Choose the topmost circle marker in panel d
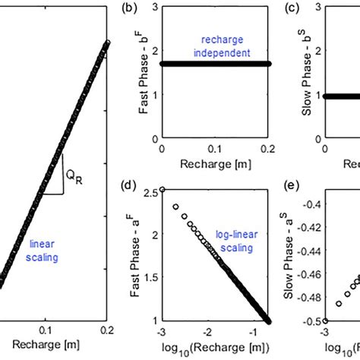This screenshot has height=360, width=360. pyautogui.click(x=162, y=190)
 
